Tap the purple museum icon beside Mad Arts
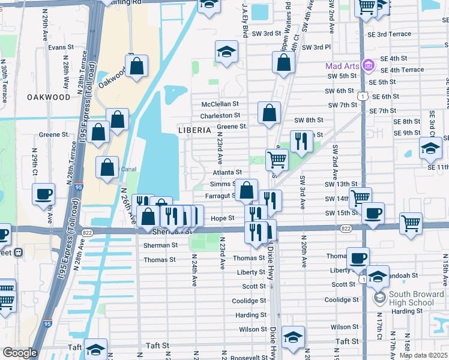tap(368, 64)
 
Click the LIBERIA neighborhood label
tap(194, 130)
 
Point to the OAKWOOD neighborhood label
tap(49, 97)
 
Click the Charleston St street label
tap(220, 115)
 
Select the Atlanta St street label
tap(227, 172)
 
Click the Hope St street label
tap(222, 218)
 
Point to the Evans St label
tap(61, 47)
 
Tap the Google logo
tap(20, 353)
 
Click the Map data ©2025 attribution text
tap(423, 355)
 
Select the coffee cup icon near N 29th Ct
tap(44, 196)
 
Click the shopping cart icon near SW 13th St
tap(360, 197)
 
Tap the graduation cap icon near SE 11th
tap(430, 148)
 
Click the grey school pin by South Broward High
tap(379, 297)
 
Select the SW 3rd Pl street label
tap(316, 47)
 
